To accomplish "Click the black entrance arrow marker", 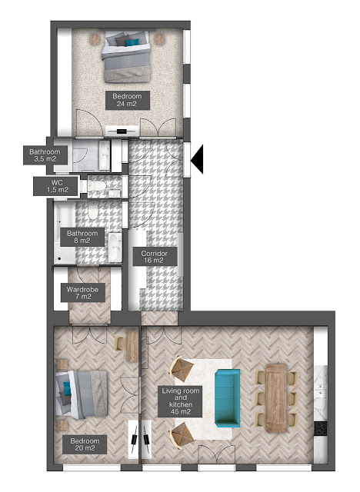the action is point(198,159).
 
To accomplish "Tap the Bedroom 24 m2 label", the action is point(127,101).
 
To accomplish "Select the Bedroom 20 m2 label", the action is point(85,444).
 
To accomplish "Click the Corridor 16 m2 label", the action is point(155,257).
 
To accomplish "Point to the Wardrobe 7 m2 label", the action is point(82,293).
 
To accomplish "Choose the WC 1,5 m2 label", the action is point(57,186).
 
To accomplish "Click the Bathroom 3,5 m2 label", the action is point(45,155).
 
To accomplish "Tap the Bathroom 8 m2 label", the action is point(82,237).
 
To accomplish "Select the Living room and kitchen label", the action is point(180,401).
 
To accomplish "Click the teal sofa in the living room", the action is point(228,398).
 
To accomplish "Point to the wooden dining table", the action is point(276,398).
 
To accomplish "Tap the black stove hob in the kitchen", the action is point(321,429).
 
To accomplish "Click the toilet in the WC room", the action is point(95,186).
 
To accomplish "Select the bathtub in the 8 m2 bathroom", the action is point(65,232).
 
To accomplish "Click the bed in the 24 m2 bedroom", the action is point(127,56).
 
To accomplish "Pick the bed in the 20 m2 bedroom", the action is point(82,394).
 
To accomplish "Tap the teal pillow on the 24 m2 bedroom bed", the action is point(132,42).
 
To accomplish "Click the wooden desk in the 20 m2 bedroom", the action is point(133,346).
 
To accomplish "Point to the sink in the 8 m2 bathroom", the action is point(115,248).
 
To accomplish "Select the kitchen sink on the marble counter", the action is point(321,388).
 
